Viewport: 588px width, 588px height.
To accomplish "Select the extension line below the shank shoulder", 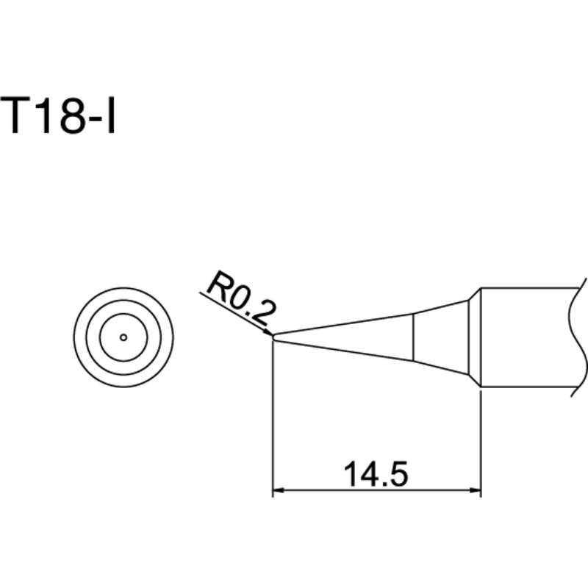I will [x=481, y=441].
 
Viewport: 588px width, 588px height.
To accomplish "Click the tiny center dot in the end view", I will [x=123, y=337].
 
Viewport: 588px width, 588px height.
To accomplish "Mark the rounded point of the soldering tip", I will [x=274, y=337].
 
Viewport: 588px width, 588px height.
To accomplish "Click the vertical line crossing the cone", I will [x=413, y=337].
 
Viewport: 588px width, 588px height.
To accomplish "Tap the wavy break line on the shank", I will [x=577, y=337].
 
